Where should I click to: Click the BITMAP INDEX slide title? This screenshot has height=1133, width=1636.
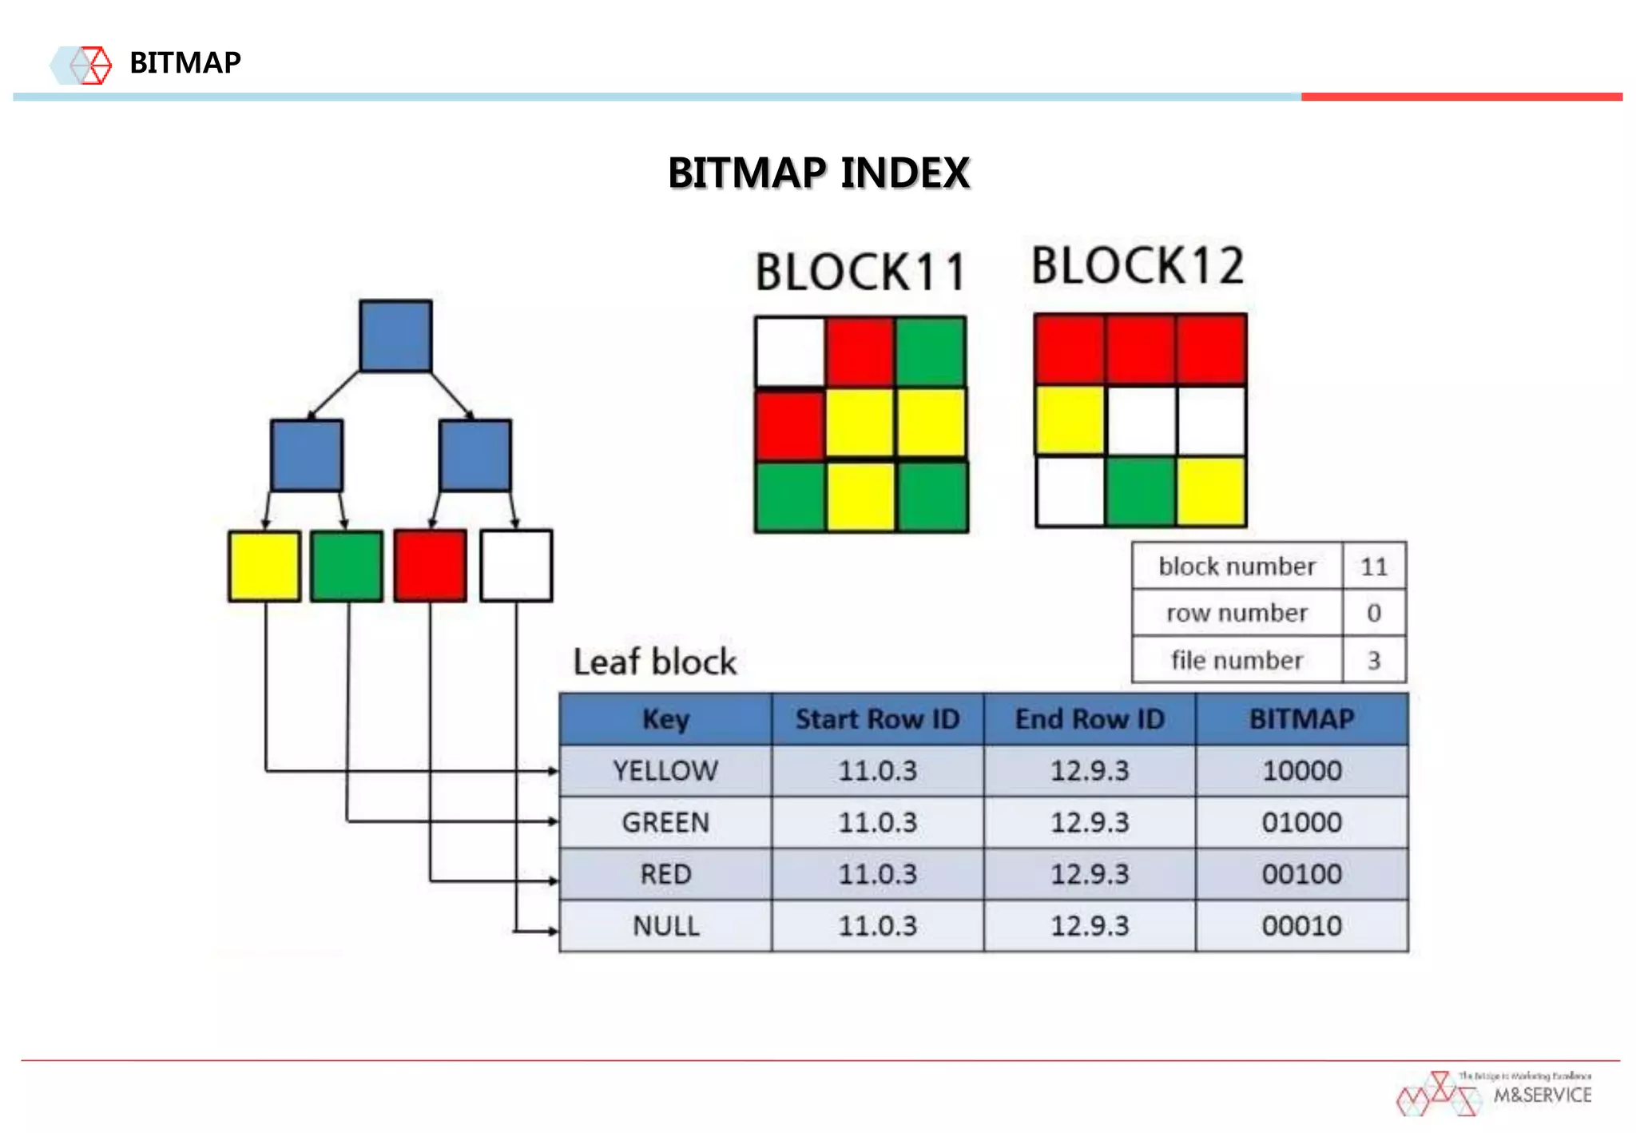pos(819,173)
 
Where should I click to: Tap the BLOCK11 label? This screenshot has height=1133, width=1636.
pos(861,272)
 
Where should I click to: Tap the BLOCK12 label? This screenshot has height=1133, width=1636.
pos(1138,266)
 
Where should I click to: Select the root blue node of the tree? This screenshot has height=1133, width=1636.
pos(395,336)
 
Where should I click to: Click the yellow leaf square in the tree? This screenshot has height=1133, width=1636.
pos(264,566)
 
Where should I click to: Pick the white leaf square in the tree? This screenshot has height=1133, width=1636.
pos(516,566)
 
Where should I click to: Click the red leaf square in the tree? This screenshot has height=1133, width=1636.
pos(430,566)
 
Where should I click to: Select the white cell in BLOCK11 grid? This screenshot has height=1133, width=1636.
pos(790,352)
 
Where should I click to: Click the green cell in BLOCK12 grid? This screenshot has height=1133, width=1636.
pos(1140,491)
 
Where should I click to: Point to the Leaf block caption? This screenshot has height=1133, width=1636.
pos(654,662)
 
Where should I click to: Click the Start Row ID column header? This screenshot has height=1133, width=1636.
pos(877,719)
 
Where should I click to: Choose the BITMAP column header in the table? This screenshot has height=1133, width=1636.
pos(1301,719)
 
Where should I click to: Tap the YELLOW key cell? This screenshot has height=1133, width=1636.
pos(665,771)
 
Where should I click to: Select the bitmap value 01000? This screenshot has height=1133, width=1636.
pos(1301,822)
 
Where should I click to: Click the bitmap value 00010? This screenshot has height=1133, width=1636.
pos(1301,926)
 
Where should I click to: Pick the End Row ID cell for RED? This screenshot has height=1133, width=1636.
pos(1090,874)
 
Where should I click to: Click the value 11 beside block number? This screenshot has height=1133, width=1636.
pos(1373,566)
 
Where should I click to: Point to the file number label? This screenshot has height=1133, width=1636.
pos(1237,661)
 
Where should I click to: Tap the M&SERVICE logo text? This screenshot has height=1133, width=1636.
pos(1542,1095)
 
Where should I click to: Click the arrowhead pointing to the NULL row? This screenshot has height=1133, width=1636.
pos(552,931)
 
